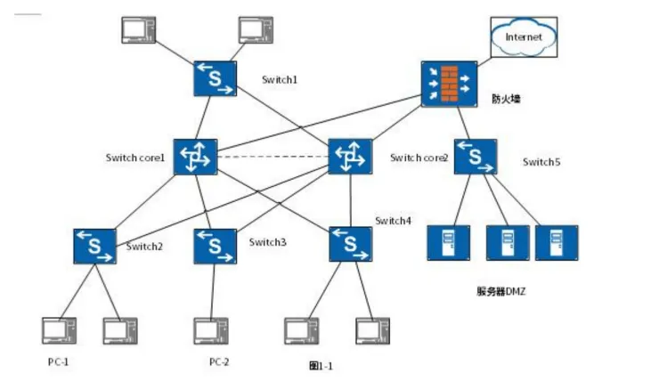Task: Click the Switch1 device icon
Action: [215, 78]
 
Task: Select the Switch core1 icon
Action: [195, 157]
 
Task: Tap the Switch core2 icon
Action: [350, 157]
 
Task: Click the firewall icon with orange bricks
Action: [449, 85]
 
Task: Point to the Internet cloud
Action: [524, 37]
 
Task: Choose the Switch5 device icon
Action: [476, 157]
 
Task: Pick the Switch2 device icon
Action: [94, 246]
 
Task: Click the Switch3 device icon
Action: [215, 246]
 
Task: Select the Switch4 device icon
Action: [350, 244]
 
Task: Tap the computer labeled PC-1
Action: [59, 331]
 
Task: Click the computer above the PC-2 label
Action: [211, 331]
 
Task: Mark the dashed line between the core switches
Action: [273, 157]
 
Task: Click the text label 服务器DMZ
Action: [501, 291]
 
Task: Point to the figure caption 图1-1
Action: [321, 366]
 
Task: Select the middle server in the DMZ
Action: [508, 243]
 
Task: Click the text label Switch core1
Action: [135, 158]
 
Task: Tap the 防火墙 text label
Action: [506, 99]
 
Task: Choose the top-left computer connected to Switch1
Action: [139, 30]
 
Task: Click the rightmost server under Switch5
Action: [557, 243]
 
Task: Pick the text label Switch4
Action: [393, 221]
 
